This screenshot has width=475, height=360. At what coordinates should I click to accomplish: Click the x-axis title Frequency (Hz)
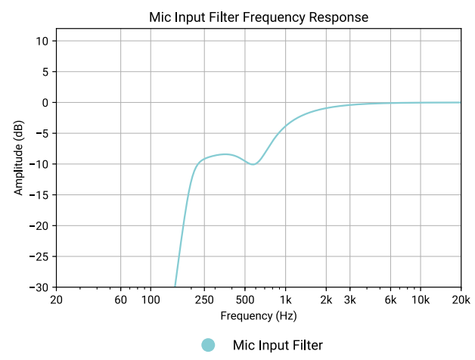point(258,315)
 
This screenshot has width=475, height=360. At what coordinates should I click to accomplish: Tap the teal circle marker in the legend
point(208,345)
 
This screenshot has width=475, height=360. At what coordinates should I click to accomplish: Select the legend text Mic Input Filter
point(278,345)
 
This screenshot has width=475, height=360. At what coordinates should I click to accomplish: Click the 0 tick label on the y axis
point(45,102)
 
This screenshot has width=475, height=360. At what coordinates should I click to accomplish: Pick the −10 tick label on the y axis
point(39,164)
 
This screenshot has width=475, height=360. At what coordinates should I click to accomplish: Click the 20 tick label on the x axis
point(56,300)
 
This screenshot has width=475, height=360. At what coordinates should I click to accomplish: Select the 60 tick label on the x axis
point(120,300)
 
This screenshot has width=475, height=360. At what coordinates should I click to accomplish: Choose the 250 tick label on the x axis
point(204,300)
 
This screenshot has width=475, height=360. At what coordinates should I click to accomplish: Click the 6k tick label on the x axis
point(390,300)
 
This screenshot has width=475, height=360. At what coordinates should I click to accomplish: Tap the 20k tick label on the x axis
point(461,300)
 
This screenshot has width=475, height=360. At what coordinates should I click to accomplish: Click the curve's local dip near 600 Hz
point(253,163)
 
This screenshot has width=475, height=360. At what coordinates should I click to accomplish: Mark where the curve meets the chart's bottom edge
point(175,287)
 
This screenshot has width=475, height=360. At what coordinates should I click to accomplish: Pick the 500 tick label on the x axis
point(244,300)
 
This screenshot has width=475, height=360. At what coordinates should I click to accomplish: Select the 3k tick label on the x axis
point(349,300)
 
